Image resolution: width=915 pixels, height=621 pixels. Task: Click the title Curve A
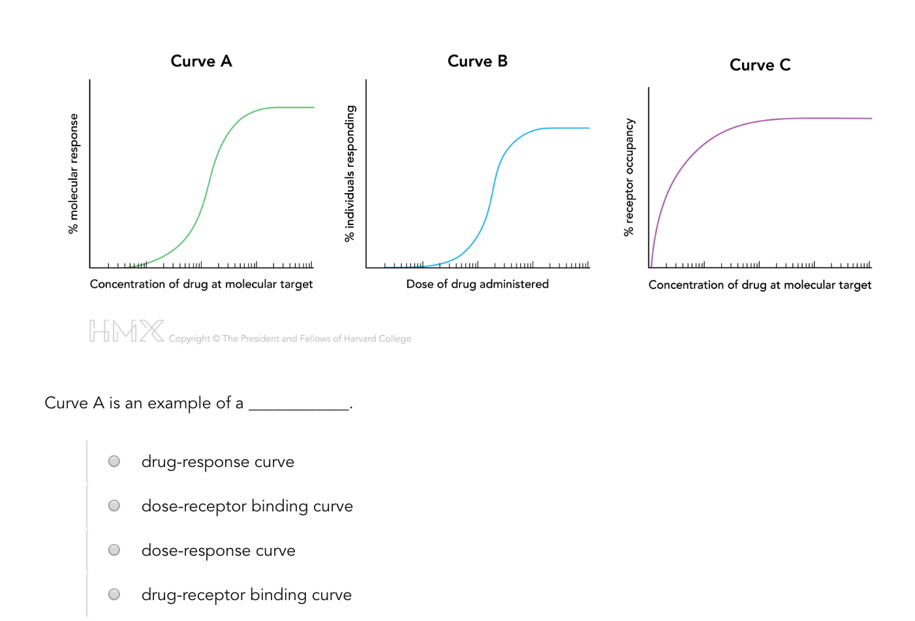201,61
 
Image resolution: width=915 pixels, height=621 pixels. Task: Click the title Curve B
477,61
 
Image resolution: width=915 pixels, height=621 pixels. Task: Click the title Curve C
760,65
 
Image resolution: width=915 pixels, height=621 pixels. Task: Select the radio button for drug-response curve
114,461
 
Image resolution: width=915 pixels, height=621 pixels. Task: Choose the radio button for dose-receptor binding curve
114,506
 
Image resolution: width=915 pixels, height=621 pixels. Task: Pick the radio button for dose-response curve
114,550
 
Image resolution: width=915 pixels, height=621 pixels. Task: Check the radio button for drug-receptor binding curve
114,594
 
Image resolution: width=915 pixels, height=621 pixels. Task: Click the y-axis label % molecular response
73,174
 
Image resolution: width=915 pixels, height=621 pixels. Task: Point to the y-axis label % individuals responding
350,174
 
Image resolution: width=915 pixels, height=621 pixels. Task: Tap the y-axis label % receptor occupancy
628,177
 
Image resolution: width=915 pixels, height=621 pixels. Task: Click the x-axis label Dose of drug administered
477,284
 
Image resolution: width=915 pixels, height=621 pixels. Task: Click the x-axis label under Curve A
201,284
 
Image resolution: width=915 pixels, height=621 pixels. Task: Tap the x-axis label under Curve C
760,285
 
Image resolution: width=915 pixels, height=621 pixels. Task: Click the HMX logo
127,331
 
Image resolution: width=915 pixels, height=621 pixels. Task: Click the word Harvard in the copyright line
360,339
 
